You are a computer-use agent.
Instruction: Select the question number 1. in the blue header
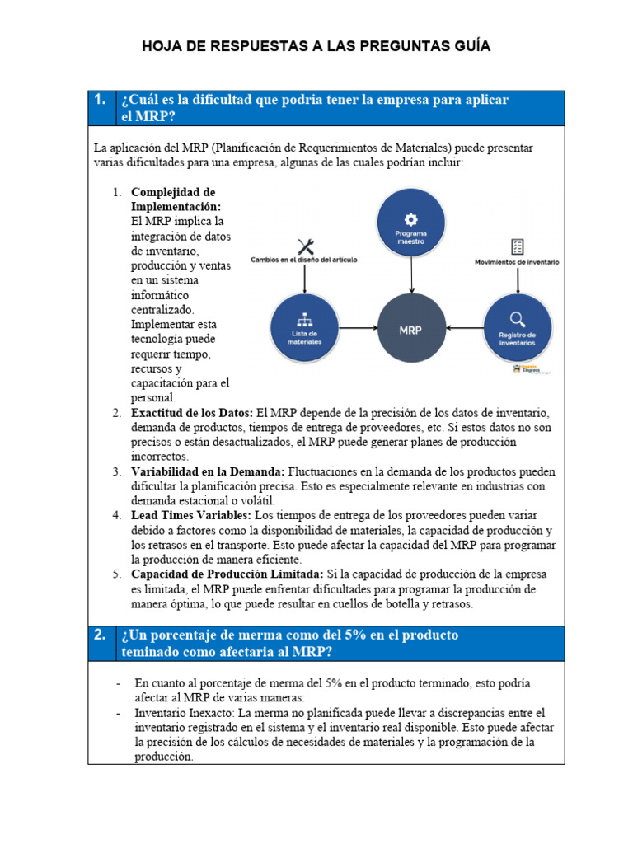point(100,101)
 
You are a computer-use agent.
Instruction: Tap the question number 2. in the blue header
point(100,635)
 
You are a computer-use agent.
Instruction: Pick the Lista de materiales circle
point(305,329)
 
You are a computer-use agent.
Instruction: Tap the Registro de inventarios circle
point(517,329)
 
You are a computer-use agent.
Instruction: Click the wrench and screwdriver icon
point(305,246)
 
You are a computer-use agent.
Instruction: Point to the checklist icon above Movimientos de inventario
point(517,246)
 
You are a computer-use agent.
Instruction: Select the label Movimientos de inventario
point(517,262)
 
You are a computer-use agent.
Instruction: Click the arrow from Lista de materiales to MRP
point(357,329)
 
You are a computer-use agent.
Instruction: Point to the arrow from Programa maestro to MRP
point(410,275)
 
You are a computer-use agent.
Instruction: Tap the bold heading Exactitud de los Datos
point(192,413)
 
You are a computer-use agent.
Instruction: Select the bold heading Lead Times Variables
point(185,515)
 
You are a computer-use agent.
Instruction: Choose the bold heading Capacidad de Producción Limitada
point(227,574)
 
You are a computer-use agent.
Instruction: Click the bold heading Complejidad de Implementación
point(176,199)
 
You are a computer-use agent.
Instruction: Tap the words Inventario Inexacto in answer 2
point(183,712)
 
